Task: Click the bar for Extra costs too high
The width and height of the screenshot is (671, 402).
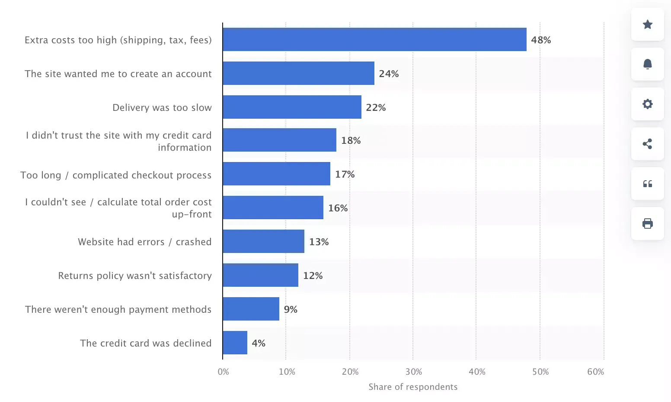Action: pyautogui.click(x=374, y=39)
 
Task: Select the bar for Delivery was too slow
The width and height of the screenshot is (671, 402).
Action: pyautogui.click(x=292, y=107)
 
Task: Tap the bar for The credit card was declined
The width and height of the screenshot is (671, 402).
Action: pyautogui.click(x=235, y=343)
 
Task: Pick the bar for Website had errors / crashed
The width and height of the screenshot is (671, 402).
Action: pyautogui.click(x=263, y=241)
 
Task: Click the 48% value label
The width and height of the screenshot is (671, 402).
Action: pyautogui.click(x=541, y=40)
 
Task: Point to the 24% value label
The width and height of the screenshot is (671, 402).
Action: pyautogui.click(x=389, y=74)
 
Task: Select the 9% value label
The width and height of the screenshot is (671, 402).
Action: pyautogui.click(x=291, y=309)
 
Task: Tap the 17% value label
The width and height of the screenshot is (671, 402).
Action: pyautogui.click(x=345, y=174)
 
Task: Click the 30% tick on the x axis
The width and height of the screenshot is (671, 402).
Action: pyautogui.click(x=413, y=372)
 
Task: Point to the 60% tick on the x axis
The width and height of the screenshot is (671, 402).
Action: pyautogui.click(x=595, y=372)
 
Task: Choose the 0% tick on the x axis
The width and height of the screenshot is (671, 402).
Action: pyautogui.click(x=223, y=372)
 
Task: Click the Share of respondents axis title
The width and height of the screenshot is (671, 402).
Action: pyautogui.click(x=413, y=387)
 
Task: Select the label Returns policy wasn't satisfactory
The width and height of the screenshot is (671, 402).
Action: pyautogui.click(x=135, y=276)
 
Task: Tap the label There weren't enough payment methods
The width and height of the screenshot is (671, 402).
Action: pyautogui.click(x=118, y=309)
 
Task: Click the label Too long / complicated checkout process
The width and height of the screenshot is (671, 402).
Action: pyautogui.click(x=116, y=175)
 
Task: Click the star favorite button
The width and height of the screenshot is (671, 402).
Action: pyautogui.click(x=647, y=24)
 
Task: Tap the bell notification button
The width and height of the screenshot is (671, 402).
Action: pyautogui.click(x=647, y=64)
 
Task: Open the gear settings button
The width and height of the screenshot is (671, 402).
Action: pyautogui.click(x=647, y=104)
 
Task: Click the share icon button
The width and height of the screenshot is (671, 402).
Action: pyautogui.click(x=647, y=144)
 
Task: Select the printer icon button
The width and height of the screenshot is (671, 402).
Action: pyautogui.click(x=647, y=224)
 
